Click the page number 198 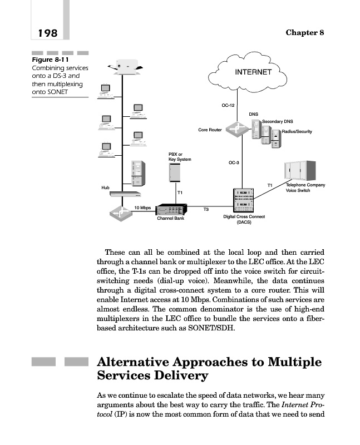(47, 33)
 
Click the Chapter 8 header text (304, 32)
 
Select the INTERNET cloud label (253, 72)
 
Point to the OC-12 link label (228, 105)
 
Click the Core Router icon (234, 130)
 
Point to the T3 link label (205, 209)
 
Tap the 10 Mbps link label (142, 207)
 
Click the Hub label (105, 187)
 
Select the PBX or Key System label (179, 157)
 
